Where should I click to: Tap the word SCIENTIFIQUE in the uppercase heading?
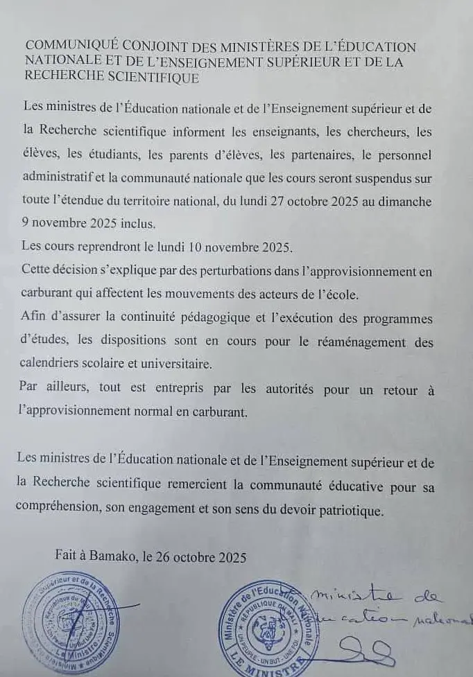coord(156,78)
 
